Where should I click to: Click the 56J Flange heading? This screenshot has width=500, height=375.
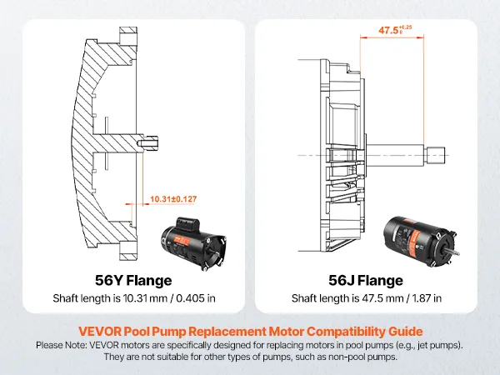[367, 281]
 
